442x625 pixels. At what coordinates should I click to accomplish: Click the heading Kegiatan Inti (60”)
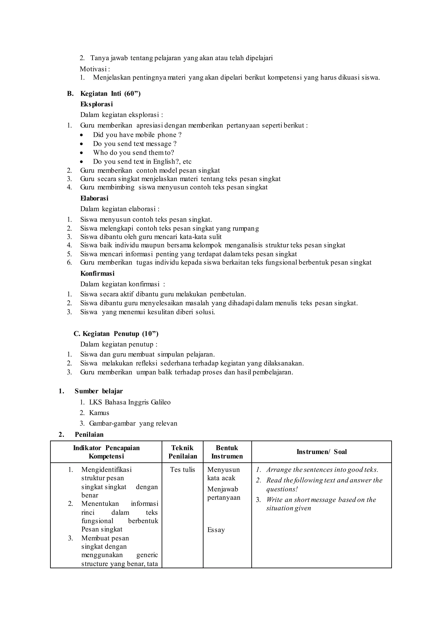click(110, 94)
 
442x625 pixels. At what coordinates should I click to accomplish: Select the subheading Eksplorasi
click(96, 104)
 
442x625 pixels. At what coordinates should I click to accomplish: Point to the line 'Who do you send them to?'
click(133, 153)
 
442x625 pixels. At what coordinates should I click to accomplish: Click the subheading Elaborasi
click(94, 199)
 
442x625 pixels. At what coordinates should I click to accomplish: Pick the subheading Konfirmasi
click(97, 274)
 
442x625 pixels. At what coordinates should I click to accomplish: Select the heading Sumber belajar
click(99, 391)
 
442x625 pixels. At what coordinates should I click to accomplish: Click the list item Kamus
click(99, 413)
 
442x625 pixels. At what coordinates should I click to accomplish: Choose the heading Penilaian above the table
click(89, 434)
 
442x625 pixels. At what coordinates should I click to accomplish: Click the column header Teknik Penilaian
click(182, 452)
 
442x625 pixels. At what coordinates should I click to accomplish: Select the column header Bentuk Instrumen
click(227, 452)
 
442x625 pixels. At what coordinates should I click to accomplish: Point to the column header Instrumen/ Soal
click(321, 452)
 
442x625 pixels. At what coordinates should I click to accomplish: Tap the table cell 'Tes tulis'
click(182, 470)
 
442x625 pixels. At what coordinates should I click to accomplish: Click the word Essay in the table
click(216, 530)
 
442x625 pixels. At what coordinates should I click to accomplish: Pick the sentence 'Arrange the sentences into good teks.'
click(322, 470)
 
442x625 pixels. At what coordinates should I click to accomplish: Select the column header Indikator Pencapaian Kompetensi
click(106, 452)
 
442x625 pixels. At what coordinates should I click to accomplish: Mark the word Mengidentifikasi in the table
click(106, 470)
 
